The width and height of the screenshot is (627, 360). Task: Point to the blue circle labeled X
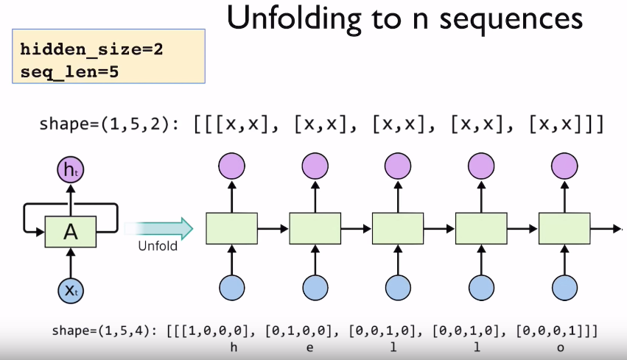pyautogui.click(x=71, y=290)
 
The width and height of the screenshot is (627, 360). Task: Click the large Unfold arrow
pyautogui.click(x=158, y=229)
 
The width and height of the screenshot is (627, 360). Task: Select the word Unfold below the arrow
pyautogui.click(x=158, y=246)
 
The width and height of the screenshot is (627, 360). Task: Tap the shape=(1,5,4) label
pyautogui.click(x=101, y=331)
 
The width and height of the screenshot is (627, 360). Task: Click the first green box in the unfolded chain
pyautogui.click(x=231, y=229)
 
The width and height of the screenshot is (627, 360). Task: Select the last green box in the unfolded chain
pyautogui.click(x=564, y=229)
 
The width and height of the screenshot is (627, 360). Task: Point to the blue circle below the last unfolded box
pyautogui.click(x=564, y=289)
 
